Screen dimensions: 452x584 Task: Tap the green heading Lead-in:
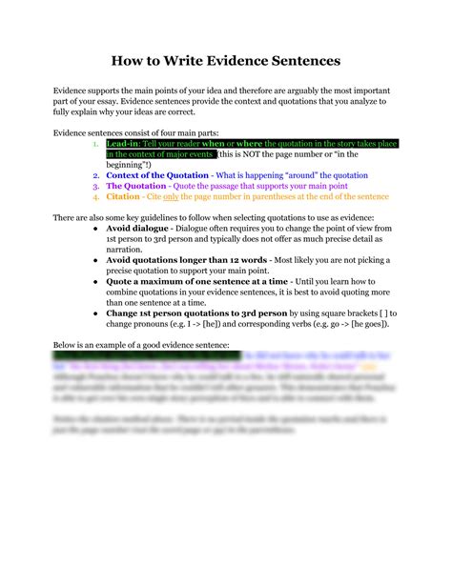coord(124,143)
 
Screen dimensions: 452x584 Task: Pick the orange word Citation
coord(124,197)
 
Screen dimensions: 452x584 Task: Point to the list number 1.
coord(94,143)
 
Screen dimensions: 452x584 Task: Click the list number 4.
coord(94,197)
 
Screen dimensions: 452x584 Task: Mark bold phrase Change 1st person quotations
coord(181,316)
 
